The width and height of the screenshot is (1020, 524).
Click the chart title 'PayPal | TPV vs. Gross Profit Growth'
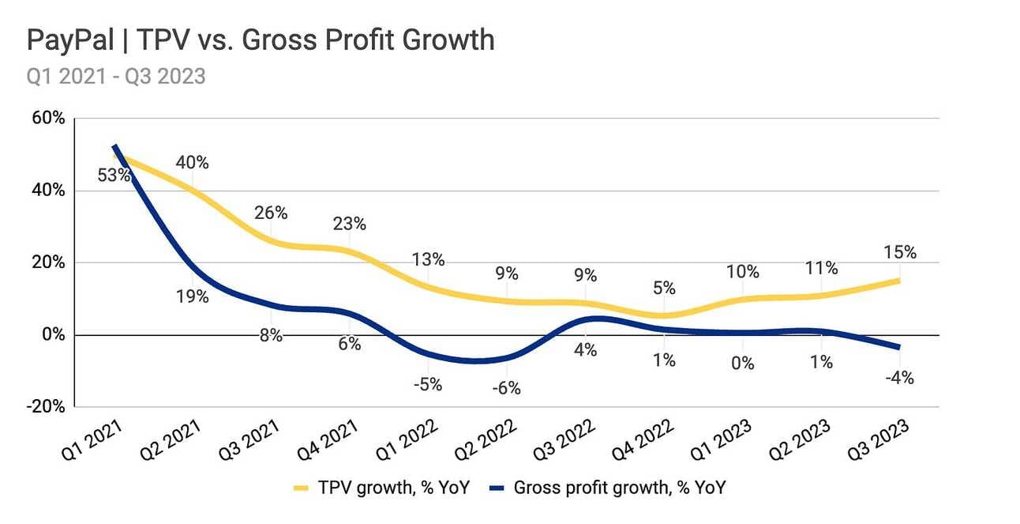pyautogui.click(x=261, y=40)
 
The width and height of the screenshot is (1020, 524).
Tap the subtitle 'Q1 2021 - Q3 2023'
pyautogui.click(x=116, y=76)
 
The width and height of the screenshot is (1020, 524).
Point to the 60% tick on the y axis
pyautogui.click(x=48, y=119)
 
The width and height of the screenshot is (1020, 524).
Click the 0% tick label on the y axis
pyautogui.click(x=53, y=334)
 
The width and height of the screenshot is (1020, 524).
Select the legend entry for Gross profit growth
pyautogui.click(x=608, y=488)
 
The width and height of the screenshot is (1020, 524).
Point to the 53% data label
pyautogui.click(x=114, y=175)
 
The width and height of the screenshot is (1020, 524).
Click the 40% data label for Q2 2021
pyautogui.click(x=193, y=163)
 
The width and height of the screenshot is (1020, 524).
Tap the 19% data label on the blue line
pyautogui.click(x=193, y=297)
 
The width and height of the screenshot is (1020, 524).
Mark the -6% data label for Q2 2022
pyautogui.click(x=507, y=389)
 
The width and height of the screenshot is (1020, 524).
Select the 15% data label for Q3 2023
pyautogui.click(x=900, y=253)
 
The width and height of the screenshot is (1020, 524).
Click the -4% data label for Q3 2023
pyautogui.click(x=899, y=379)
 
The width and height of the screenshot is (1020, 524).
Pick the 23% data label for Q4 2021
pyautogui.click(x=350, y=224)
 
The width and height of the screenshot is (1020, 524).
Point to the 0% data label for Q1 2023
pyautogui.click(x=743, y=364)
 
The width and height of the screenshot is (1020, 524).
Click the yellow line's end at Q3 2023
pyautogui.click(x=898, y=281)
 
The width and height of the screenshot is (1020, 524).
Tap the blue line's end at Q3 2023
pyautogui.click(x=898, y=347)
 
